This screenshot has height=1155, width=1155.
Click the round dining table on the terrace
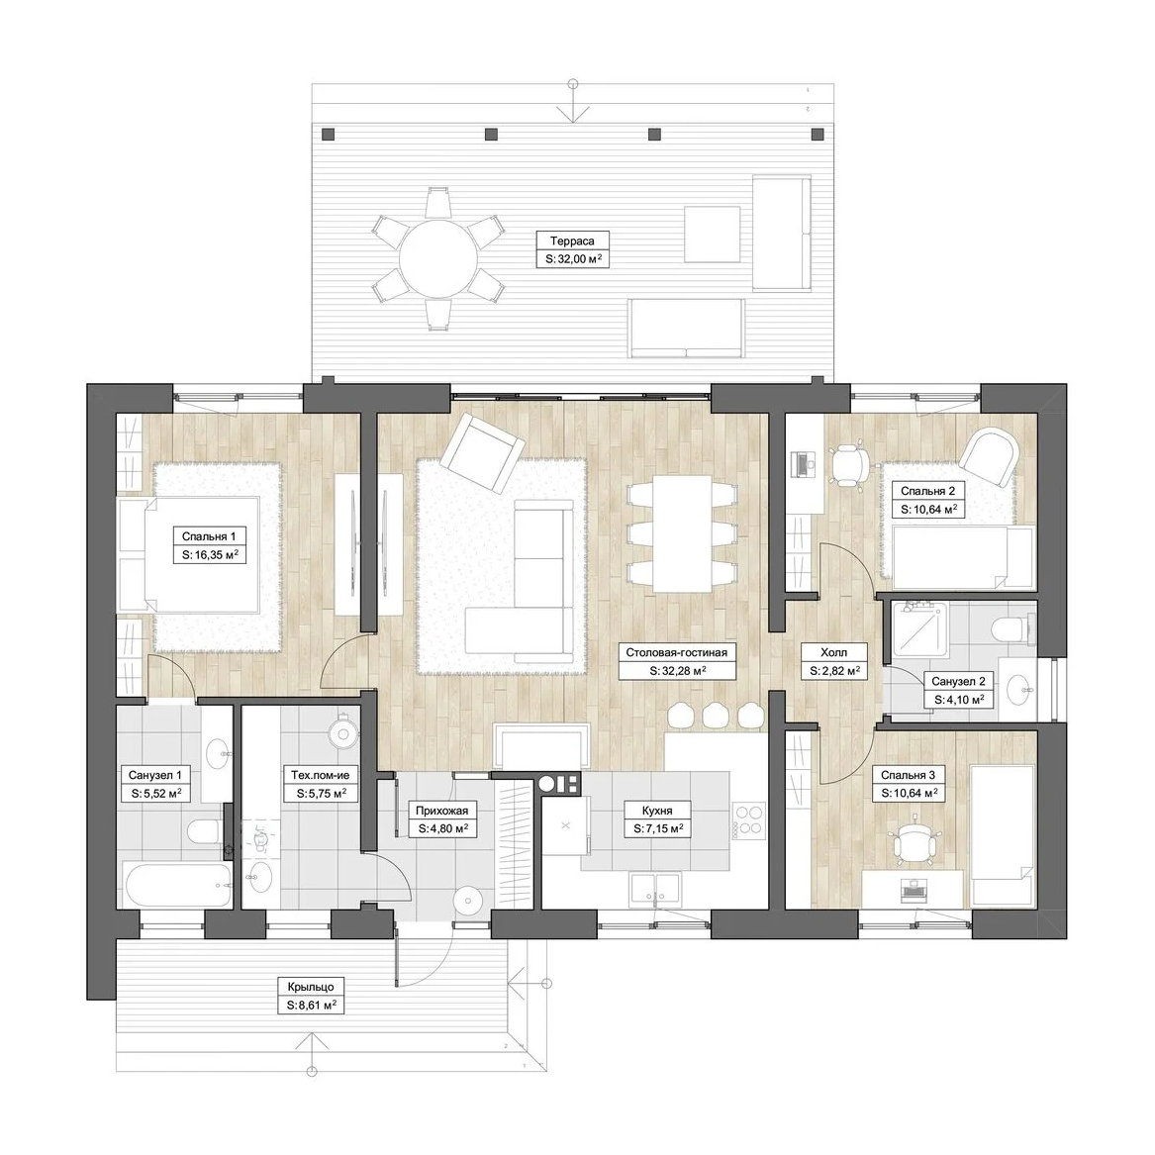pyautogui.click(x=438, y=258)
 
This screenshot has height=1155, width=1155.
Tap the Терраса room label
pyautogui.click(x=572, y=241)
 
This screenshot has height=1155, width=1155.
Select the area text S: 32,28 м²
pyautogui.click(x=678, y=671)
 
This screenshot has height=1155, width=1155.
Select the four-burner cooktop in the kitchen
pyautogui.click(x=749, y=820)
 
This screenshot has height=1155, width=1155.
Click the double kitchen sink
pyautogui.click(x=655, y=890)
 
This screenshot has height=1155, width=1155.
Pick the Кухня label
pyautogui.click(x=657, y=811)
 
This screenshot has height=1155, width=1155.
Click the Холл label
pyautogui.click(x=834, y=652)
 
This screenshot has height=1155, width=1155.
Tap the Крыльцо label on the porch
pyautogui.click(x=311, y=987)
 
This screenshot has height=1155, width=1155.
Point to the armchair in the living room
pyautogui.click(x=482, y=451)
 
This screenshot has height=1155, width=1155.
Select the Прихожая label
pyautogui.click(x=442, y=811)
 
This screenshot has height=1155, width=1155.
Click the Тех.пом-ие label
pyautogui.click(x=320, y=775)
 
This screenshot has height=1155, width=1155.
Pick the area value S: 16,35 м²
pyautogui.click(x=210, y=555)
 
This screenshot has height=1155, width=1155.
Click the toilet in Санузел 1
pyautogui.click(x=205, y=832)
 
